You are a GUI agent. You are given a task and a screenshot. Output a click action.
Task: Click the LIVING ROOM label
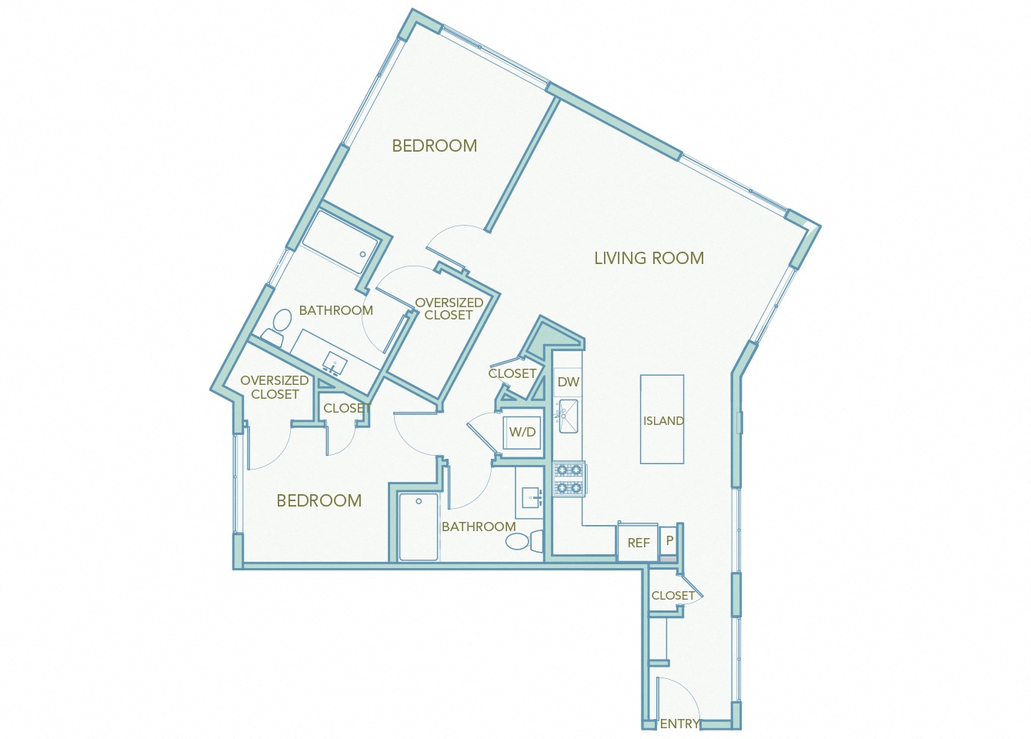tap(649, 258)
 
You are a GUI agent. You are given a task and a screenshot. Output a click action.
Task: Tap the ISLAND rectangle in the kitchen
tap(662, 420)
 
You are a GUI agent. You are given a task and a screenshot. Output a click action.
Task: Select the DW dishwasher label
tap(569, 382)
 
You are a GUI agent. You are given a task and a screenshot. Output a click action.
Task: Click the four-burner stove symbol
tap(569, 479)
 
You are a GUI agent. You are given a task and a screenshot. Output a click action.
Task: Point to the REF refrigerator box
tap(638, 543)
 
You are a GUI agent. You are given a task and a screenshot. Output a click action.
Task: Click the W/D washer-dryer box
tap(522, 432)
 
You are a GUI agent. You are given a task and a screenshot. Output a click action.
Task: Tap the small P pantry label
tap(669, 540)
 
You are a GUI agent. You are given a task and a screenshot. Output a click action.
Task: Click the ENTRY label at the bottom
tap(679, 724)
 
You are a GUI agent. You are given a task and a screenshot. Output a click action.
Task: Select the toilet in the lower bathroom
tap(523, 541)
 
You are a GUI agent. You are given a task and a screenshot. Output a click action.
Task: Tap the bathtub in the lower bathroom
tap(419, 527)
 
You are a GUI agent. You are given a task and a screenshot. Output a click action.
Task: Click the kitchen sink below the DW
tap(568, 416)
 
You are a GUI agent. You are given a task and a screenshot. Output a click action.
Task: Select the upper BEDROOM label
tap(434, 145)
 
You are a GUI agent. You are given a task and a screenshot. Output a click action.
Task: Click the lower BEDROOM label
tap(319, 500)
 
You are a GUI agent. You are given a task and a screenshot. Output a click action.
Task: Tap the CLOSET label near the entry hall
tap(672, 595)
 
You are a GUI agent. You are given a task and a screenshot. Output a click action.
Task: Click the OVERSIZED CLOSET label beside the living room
tap(449, 309)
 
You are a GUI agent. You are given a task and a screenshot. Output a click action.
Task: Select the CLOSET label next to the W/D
tap(512, 373)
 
